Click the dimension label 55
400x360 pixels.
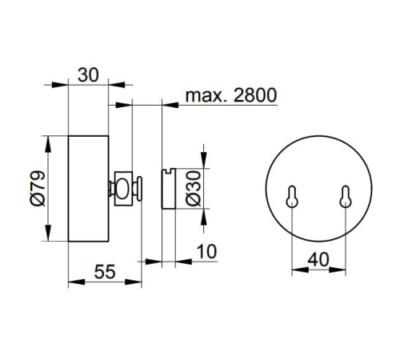[x=105, y=272]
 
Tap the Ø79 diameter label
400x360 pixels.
[x=38, y=188]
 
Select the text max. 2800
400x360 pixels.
[x=231, y=95]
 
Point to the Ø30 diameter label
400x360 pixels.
[x=193, y=189]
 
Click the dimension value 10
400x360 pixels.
[x=206, y=251]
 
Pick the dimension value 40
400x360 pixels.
[x=318, y=259]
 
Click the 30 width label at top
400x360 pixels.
[x=88, y=75]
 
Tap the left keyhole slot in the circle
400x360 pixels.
[x=292, y=197]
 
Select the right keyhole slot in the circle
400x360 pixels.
[x=346, y=197]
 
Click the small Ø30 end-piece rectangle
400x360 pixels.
[x=169, y=189]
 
